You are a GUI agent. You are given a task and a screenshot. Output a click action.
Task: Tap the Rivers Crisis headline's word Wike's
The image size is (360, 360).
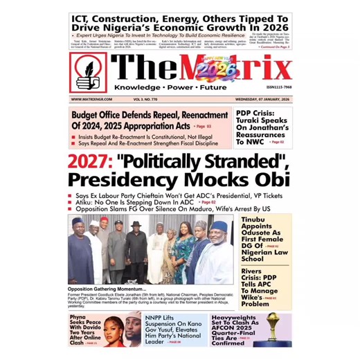tap(254, 295)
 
